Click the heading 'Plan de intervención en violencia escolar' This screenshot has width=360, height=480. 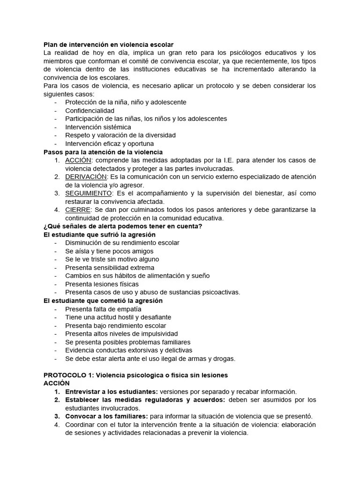point(108,45)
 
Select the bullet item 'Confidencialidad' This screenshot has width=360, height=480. point(90,111)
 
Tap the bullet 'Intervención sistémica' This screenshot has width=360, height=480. point(98,127)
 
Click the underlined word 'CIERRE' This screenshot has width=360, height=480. point(77,210)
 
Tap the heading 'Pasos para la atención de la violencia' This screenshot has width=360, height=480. point(103,152)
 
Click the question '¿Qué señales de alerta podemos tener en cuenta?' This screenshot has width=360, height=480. point(123,226)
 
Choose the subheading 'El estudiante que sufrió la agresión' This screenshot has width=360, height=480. point(99,234)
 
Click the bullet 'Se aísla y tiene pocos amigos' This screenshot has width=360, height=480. point(109,251)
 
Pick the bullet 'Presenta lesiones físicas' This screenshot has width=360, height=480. point(102,284)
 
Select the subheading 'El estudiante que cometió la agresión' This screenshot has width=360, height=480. point(103,300)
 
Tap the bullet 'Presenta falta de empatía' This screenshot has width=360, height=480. point(103,309)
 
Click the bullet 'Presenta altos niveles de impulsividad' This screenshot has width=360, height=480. point(121,334)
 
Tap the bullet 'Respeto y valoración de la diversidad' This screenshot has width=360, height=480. point(120,135)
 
